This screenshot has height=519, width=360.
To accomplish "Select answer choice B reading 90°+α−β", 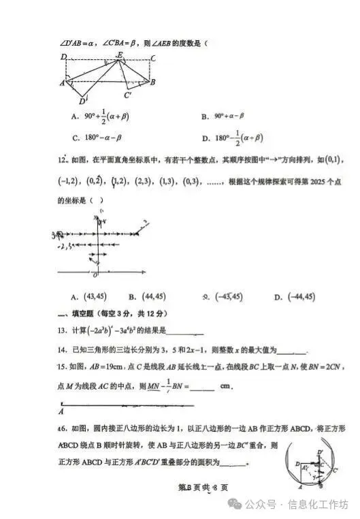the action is coord(228,116).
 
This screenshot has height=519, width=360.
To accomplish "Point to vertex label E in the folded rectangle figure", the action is coord(120,54).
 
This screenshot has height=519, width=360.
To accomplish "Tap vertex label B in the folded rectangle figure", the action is coord(153,82).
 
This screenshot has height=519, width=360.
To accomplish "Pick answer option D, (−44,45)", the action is coord(295,296).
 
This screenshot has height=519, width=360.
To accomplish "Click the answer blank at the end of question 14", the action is coord(293,352).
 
